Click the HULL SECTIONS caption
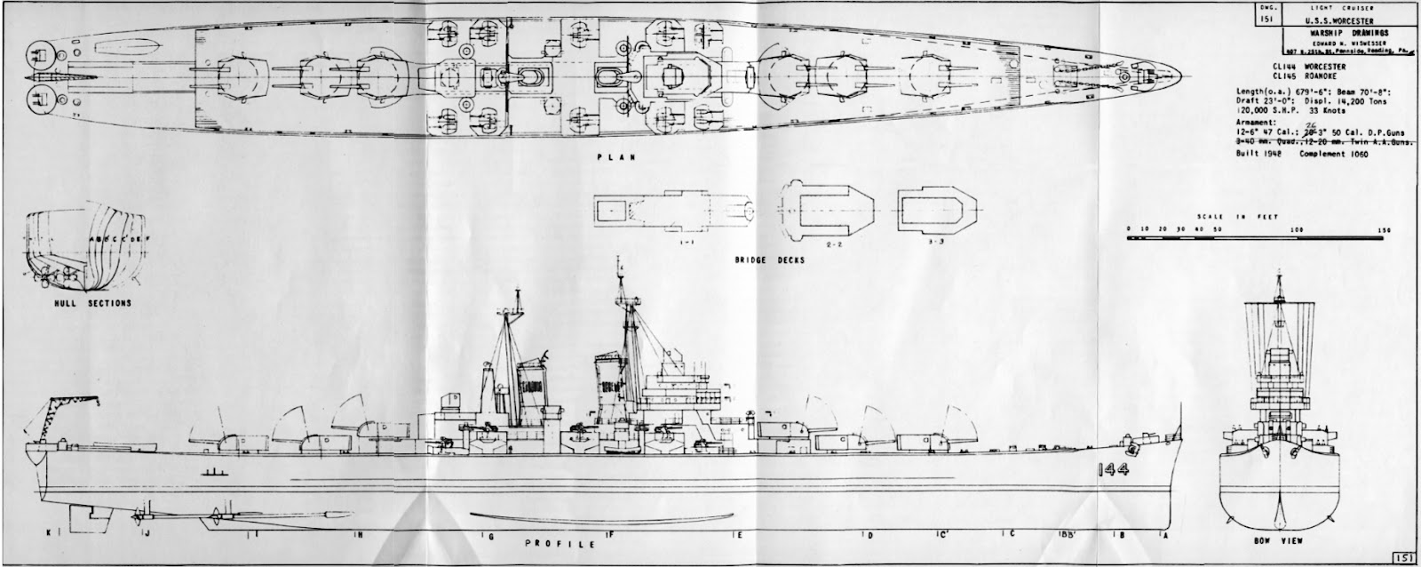92,302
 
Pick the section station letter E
738,535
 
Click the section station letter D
869,535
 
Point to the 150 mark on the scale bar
1383,229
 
